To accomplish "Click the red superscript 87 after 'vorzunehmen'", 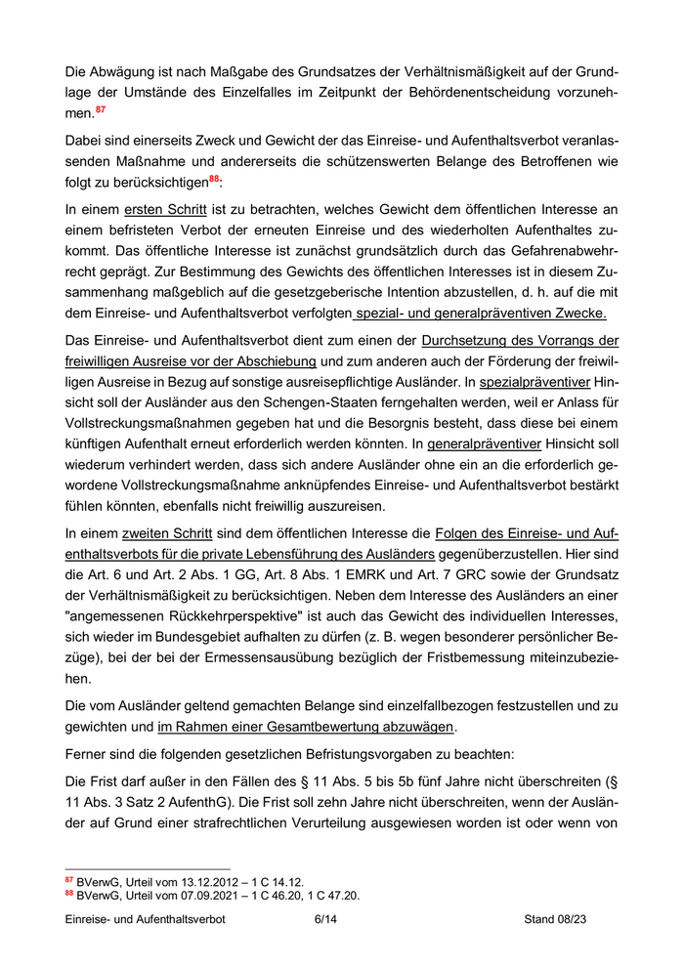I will pyautogui.click(x=100, y=110).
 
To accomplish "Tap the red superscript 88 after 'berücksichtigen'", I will pyautogui.click(x=215, y=180).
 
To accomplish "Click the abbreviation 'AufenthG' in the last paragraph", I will pyautogui.click(x=243, y=798).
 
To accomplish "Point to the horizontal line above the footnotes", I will pyautogui.click(x=147, y=868).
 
